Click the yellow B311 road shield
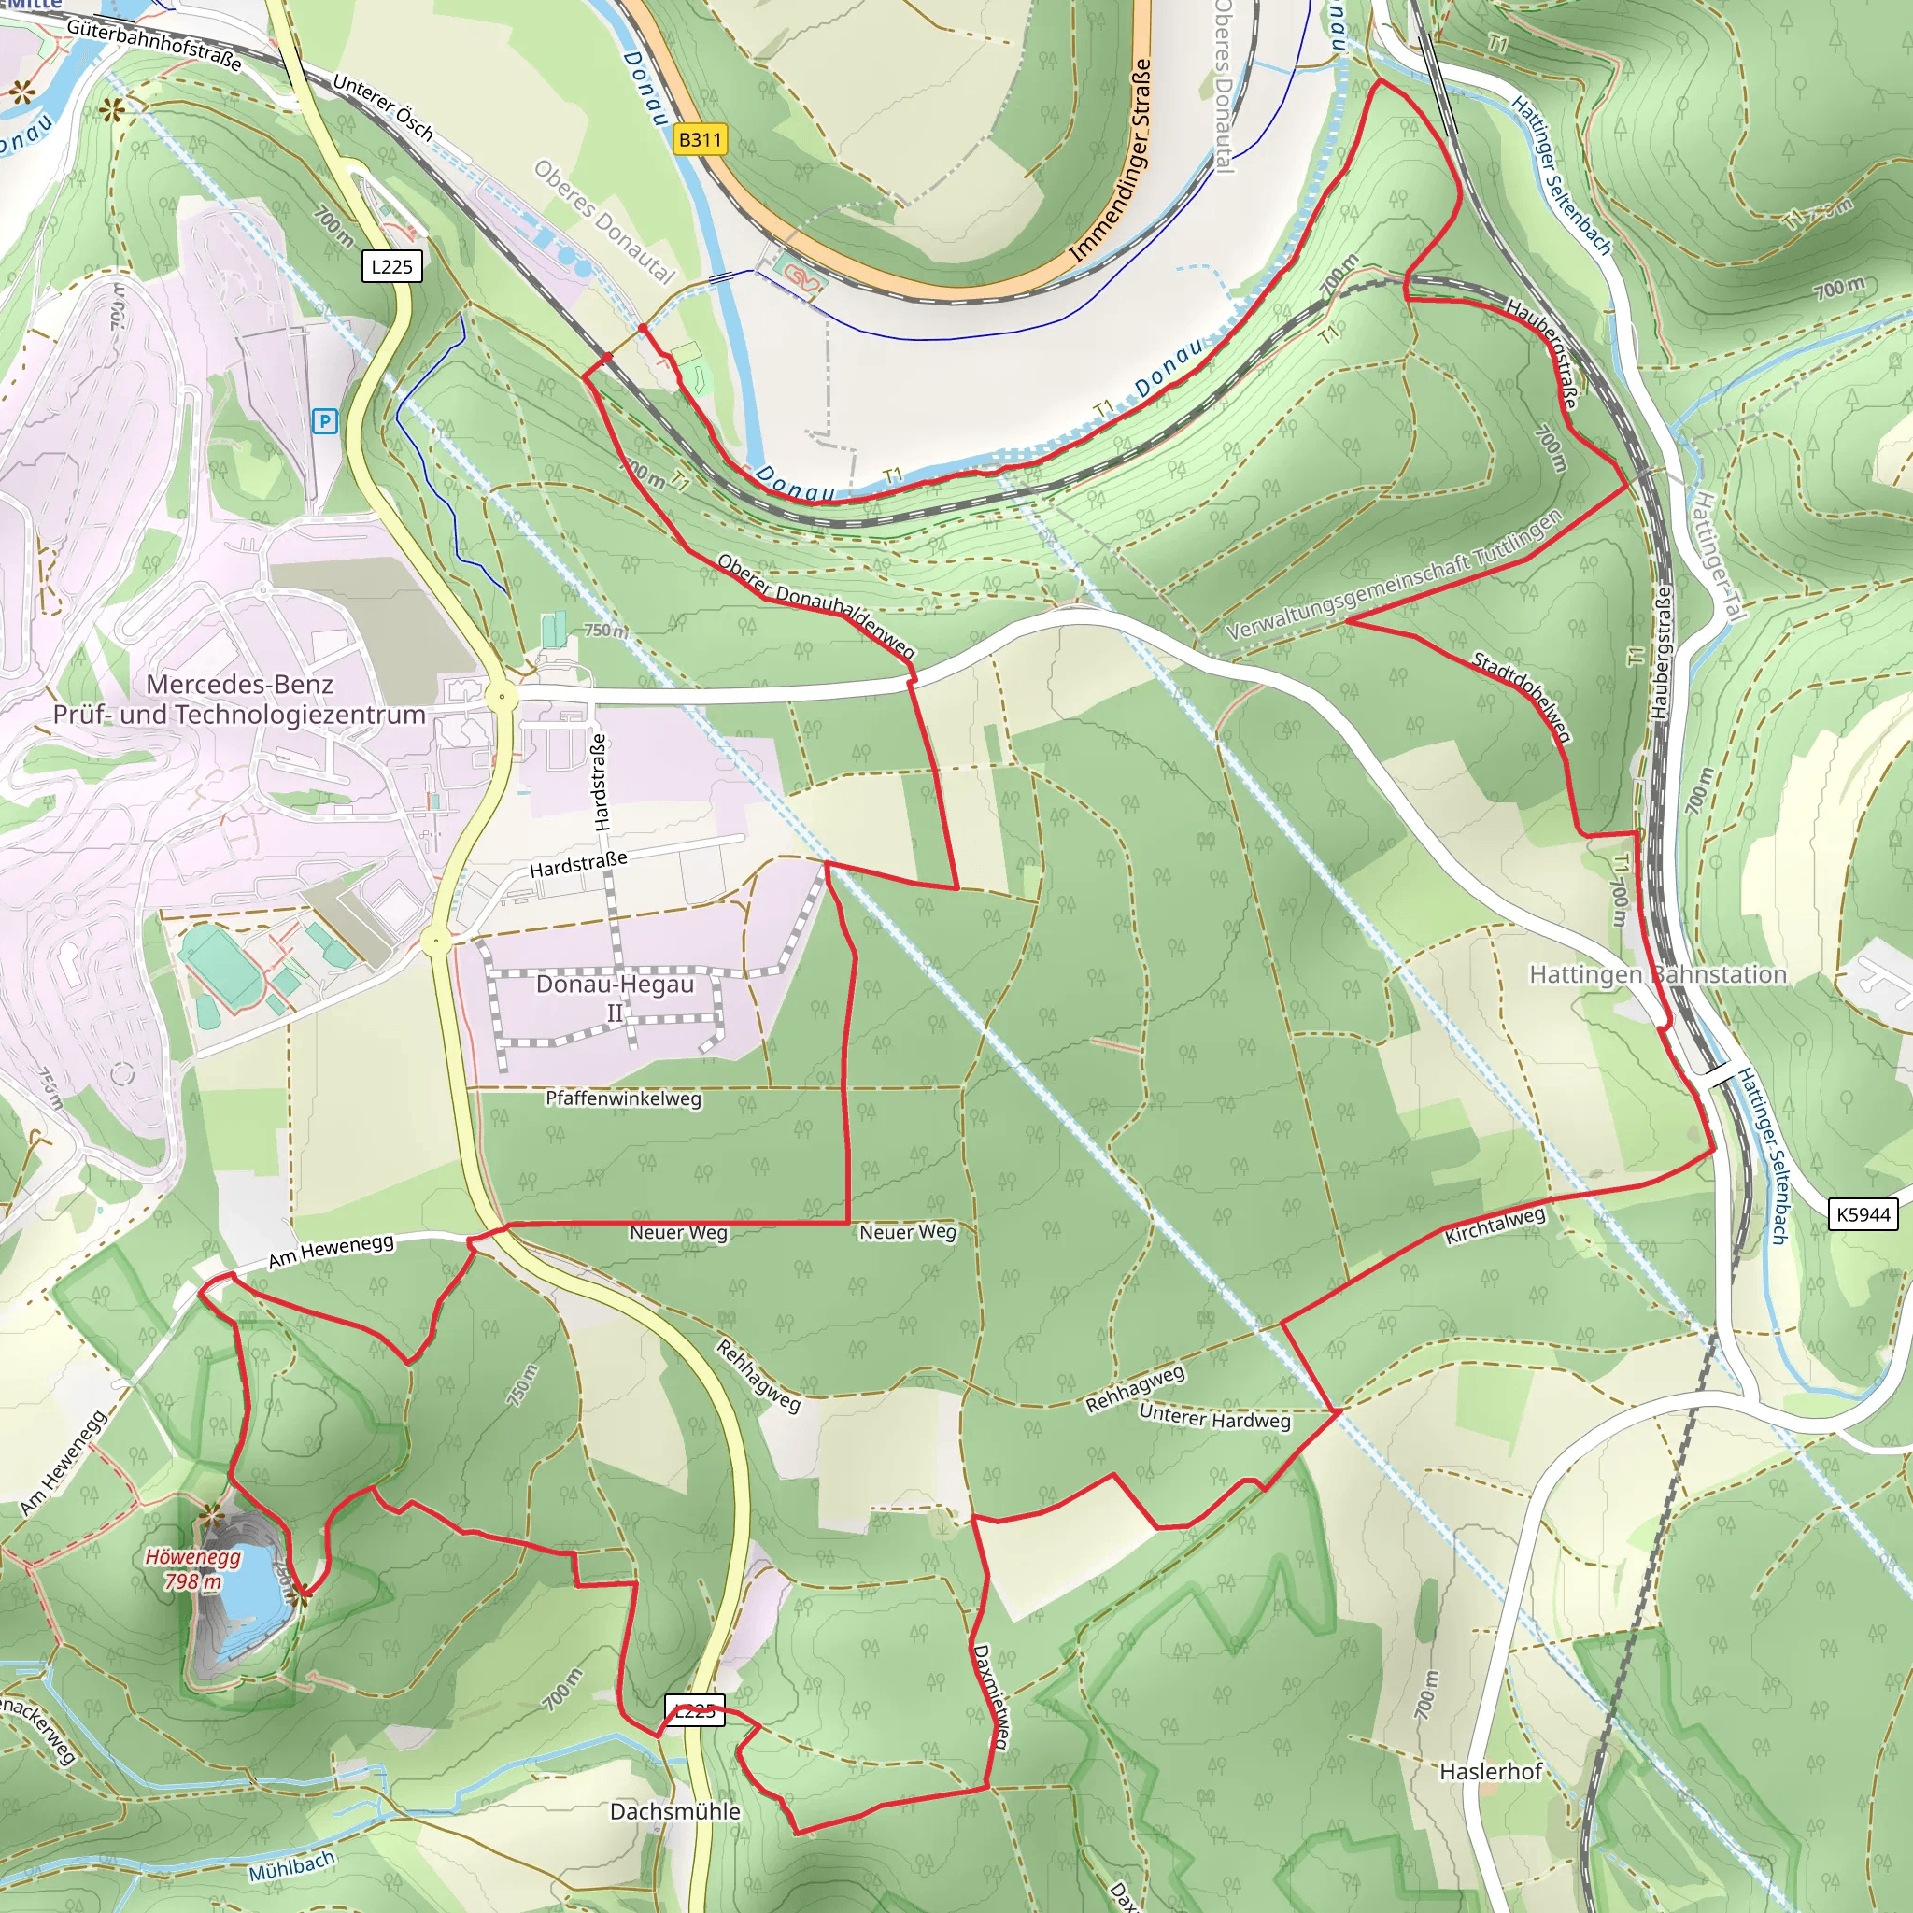pos(700,139)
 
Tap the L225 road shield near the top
pos(392,266)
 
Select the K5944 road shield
pos(1863,1214)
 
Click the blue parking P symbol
pos(325,422)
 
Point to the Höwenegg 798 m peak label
pos(194,1569)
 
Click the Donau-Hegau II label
pos(615,997)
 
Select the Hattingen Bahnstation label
pos(1658,974)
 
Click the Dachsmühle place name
pos(675,1811)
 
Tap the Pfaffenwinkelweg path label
pos(624,1098)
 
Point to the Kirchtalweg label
pos(1495,1226)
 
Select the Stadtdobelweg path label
pos(1522,696)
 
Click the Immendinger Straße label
pos(1112,161)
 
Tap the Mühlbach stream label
pos(291,1866)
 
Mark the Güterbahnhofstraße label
pos(154,46)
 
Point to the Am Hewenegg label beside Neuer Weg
pos(331,1251)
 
